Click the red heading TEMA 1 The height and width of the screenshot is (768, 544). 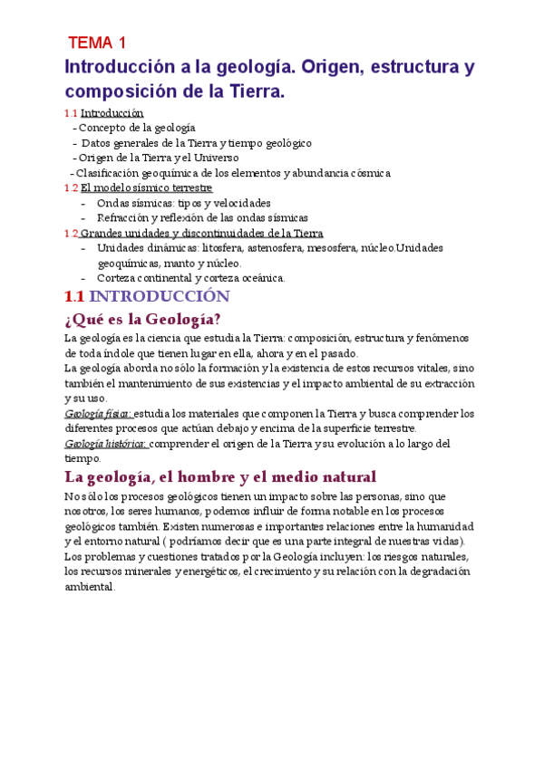tap(98, 43)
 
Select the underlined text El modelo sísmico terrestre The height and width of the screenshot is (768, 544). tap(146, 188)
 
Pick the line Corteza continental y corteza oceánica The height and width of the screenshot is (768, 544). tap(190, 278)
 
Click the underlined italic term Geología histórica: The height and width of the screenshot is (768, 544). tap(106, 444)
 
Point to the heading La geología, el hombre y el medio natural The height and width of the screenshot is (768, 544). tap(220, 476)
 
